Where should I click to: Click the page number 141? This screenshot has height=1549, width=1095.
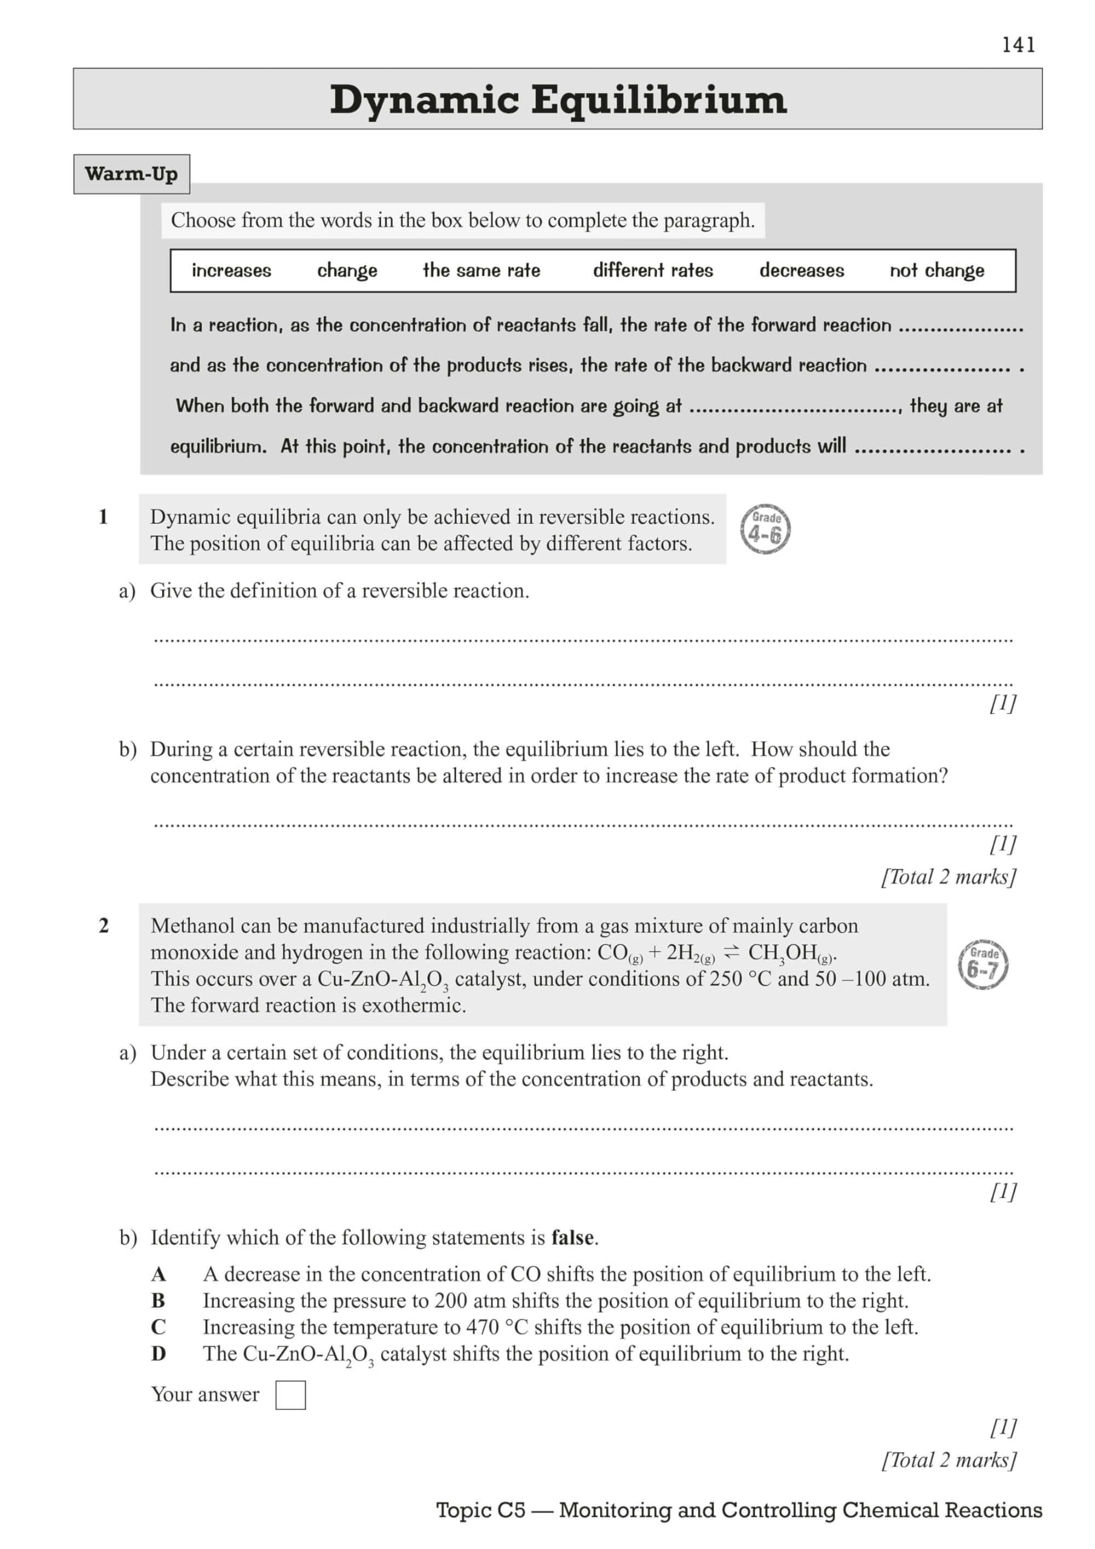pos(1018,45)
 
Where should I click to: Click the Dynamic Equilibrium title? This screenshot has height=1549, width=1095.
pos(557,100)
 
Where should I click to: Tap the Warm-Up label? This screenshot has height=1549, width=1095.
pos(131,174)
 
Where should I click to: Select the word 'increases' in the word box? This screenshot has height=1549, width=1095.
pos(232,270)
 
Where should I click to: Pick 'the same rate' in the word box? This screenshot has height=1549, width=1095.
pos(481,270)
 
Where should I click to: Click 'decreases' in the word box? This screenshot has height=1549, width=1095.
pos(802,270)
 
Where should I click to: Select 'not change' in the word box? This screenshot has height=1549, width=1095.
pos(936,270)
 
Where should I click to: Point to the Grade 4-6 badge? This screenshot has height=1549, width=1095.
pos(765,529)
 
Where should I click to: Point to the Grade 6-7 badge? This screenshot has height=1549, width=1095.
pos(982,964)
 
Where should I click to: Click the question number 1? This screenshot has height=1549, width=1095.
pos(103,517)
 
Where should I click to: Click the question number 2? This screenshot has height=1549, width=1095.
pos(103,926)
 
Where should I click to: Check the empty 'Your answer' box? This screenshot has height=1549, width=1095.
pos(290,1395)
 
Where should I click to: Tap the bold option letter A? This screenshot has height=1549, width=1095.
pos(159,1274)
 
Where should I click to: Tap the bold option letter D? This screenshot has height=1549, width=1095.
pos(159,1354)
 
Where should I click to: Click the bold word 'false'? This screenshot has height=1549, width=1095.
pos(573,1238)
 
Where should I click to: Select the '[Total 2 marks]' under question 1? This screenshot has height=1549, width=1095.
pos(948,877)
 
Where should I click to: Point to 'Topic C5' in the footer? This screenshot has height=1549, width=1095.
pos(480,1510)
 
